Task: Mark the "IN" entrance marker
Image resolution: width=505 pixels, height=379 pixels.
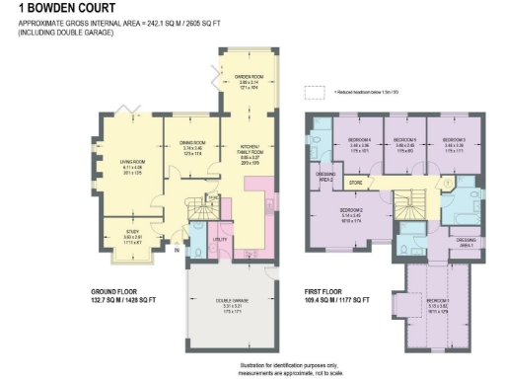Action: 177,251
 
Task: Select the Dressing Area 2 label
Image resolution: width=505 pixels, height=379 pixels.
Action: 325,177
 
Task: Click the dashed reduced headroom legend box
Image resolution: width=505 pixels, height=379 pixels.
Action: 315,93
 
